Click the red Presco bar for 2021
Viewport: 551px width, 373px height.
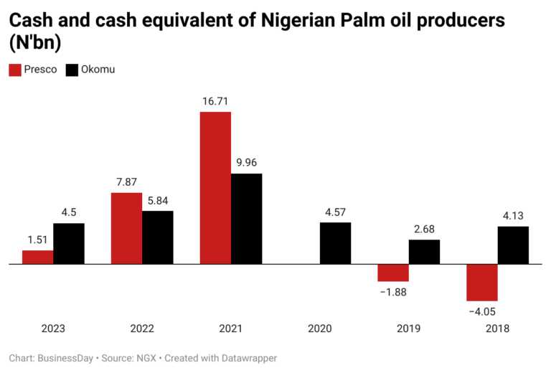point(215,188)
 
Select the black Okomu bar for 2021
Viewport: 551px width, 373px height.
point(246,219)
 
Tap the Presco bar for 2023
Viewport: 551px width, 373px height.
point(38,257)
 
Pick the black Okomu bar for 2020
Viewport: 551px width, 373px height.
point(335,243)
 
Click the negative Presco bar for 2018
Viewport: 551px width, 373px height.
point(482,282)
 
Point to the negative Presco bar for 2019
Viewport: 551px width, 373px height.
point(393,273)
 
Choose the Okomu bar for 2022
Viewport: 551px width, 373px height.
point(158,237)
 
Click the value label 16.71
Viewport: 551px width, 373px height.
point(215,101)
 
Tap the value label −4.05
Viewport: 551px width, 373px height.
point(482,311)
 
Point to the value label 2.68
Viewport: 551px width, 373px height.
point(424,229)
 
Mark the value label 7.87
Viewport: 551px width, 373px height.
point(127,181)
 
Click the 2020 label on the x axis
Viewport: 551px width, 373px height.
point(320,329)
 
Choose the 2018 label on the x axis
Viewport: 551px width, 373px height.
point(497,329)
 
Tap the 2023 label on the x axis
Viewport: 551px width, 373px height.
point(53,329)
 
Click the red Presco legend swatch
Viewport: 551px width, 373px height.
point(14,70)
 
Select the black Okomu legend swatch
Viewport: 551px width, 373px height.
point(72,70)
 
